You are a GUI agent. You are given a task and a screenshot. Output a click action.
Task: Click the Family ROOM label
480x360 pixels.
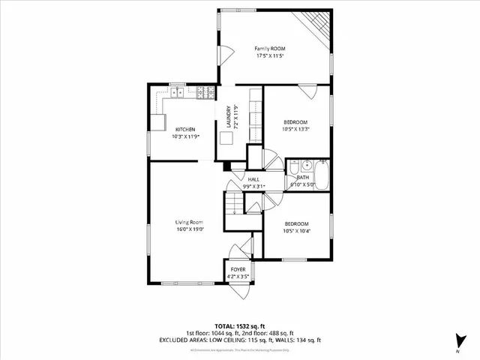271,49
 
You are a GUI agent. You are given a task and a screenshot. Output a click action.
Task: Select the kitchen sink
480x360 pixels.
177,93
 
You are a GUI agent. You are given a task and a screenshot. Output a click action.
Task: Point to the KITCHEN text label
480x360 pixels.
185,129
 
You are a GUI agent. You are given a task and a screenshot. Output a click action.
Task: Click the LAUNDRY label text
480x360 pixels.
229,118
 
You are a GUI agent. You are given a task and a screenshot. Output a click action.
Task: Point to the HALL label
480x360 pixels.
254,179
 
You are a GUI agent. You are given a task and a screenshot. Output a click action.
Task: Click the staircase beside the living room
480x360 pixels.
235,202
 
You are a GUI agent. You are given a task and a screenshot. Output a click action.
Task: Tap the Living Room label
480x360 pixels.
190,221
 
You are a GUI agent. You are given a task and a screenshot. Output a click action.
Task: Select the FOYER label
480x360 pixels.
238,268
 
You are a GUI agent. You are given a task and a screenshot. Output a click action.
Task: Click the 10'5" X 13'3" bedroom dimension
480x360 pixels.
296,129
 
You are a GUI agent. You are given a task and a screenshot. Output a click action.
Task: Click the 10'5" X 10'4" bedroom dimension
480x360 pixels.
296,231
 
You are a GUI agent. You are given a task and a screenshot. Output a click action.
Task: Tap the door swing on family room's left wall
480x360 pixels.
223,57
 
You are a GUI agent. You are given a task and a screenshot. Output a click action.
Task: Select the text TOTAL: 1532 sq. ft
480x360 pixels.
240,327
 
